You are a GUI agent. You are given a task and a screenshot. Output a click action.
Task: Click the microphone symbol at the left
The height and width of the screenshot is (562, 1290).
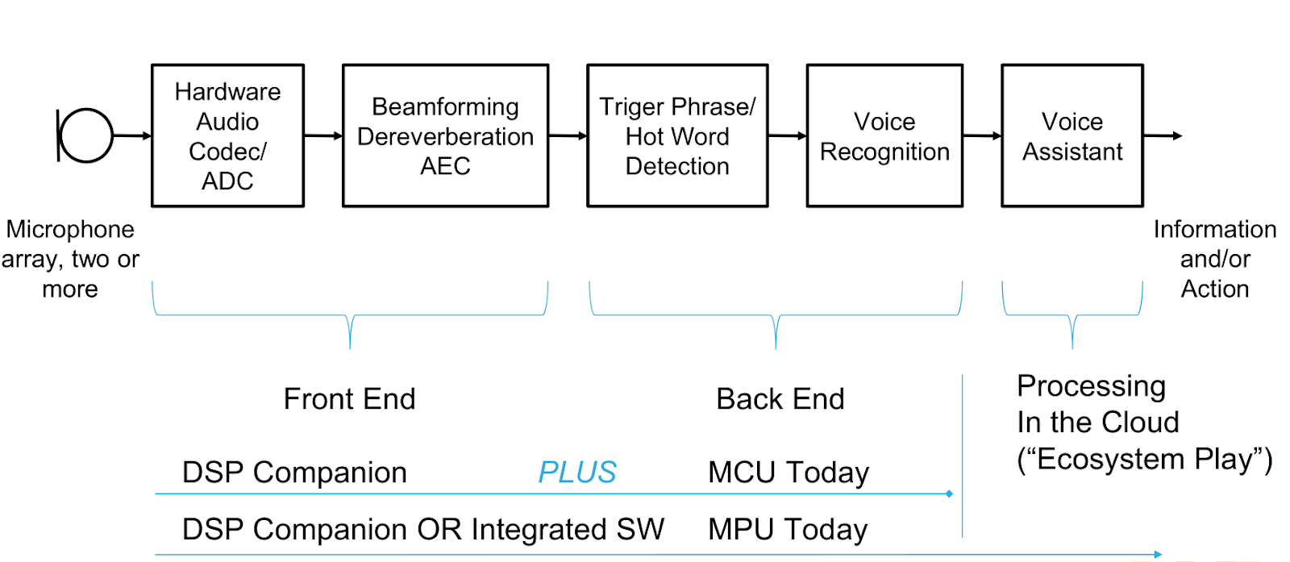pos(85,135)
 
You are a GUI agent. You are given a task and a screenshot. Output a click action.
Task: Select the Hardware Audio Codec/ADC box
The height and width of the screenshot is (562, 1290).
pos(227,135)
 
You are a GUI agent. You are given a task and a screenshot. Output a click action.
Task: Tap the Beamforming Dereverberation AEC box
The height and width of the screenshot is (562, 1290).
pos(445,135)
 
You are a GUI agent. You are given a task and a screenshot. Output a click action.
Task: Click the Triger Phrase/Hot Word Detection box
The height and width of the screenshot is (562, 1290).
pos(677,135)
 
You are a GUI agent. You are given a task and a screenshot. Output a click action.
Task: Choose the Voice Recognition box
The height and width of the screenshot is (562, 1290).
pos(884,135)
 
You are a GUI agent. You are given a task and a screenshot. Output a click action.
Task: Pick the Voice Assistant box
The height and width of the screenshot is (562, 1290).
pos(1072,135)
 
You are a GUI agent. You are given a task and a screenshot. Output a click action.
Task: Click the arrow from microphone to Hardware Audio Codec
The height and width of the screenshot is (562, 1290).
pos(132,135)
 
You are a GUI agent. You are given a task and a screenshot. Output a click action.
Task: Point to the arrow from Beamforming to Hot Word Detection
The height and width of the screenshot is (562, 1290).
pos(568,136)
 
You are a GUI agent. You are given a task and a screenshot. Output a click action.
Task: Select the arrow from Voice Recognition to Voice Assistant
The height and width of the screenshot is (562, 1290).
pos(982,135)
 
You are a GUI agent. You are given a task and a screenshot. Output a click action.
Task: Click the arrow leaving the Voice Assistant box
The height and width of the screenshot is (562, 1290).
pos(1163,135)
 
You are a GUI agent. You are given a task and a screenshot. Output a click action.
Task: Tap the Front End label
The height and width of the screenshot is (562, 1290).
pos(349,399)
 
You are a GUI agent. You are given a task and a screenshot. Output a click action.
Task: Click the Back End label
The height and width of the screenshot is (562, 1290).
pos(780,399)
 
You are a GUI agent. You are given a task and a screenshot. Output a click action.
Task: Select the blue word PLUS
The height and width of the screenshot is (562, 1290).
pos(577,472)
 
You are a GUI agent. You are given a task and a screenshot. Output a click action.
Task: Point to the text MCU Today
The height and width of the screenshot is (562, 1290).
pos(789,472)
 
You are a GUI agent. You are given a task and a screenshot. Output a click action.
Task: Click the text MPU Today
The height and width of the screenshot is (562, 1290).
pos(788,530)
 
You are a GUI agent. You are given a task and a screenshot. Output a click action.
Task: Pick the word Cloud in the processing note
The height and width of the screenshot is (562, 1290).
pos(1140,423)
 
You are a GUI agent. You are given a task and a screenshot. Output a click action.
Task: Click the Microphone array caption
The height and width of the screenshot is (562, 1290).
pos(70,259)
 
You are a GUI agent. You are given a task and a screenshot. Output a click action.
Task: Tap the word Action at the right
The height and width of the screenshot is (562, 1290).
pos(1214,289)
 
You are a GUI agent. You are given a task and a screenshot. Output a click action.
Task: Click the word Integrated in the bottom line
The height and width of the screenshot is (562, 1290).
pos(540,530)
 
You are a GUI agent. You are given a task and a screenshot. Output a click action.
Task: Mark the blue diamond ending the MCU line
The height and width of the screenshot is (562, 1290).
pos(949,493)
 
